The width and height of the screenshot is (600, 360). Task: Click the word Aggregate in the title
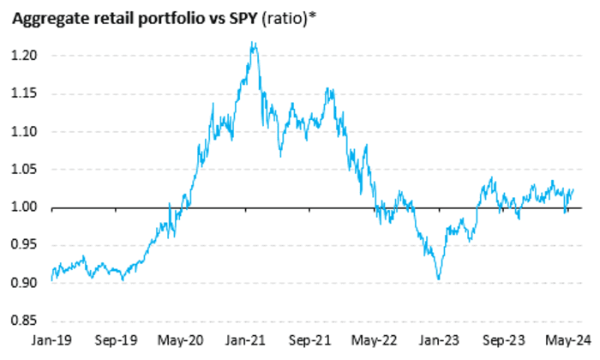tap(45, 18)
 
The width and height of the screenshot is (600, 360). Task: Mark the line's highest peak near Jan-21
tap(252, 42)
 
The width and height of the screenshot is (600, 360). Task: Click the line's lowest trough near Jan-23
tap(439, 279)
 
